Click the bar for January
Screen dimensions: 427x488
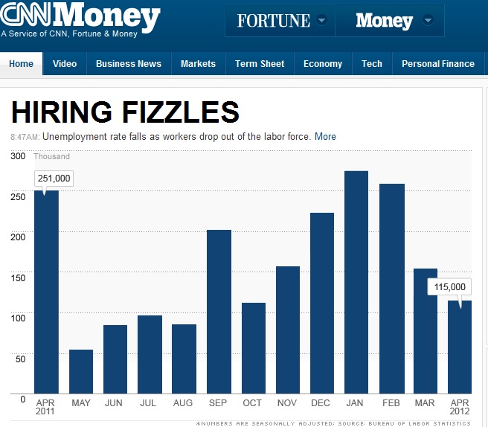(x=356, y=283)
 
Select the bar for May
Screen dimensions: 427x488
(x=81, y=371)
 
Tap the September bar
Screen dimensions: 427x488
(x=219, y=312)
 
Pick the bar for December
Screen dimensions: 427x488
(x=322, y=303)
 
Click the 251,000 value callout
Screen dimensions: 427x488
(x=54, y=179)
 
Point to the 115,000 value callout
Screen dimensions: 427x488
(x=449, y=286)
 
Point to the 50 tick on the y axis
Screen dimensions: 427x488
(x=20, y=359)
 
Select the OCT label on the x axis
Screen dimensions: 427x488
(x=253, y=403)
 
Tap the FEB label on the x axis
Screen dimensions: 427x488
(x=391, y=403)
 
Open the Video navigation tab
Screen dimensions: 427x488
(x=65, y=64)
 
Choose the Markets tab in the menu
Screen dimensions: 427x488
(x=198, y=64)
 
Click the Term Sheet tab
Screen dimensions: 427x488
(x=260, y=64)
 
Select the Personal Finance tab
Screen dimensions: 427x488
(x=437, y=64)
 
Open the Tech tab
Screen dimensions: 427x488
(x=371, y=64)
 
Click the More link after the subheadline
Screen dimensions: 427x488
(x=325, y=137)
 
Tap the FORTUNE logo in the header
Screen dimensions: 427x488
(x=273, y=20)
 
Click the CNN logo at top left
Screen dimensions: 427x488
(x=25, y=14)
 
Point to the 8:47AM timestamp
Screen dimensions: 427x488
(x=25, y=137)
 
